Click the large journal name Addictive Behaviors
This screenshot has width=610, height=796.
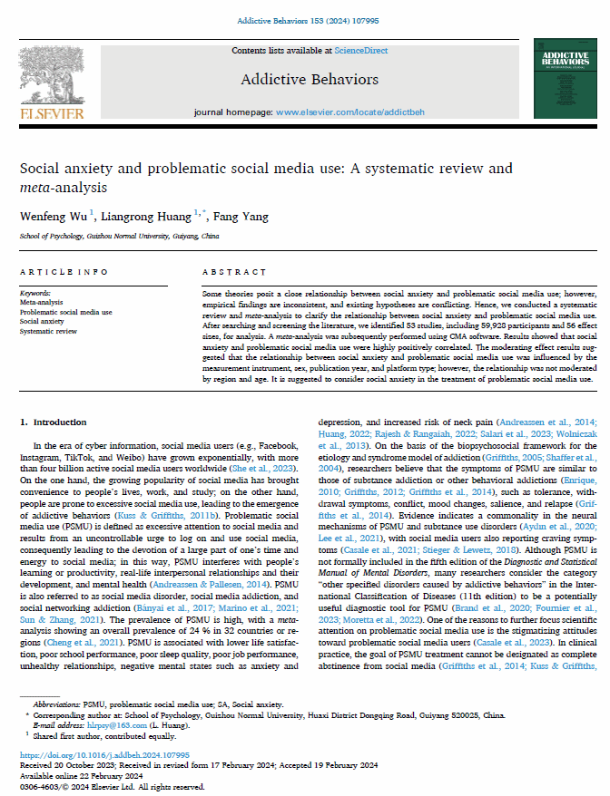(x=310, y=80)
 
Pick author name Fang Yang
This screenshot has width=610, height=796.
(x=239, y=215)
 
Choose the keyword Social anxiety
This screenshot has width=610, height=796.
(x=42, y=321)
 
